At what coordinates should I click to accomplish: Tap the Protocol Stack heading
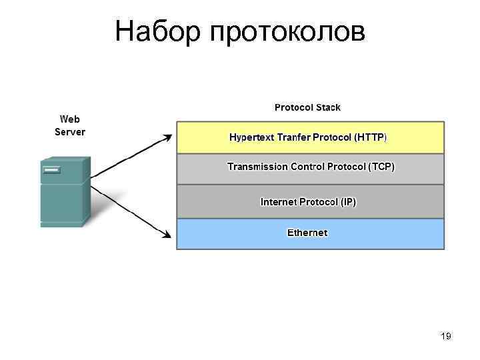(307, 107)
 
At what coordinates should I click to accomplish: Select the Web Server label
(70, 125)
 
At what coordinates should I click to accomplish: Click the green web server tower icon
(64, 193)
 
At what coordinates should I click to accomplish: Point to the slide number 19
(446, 337)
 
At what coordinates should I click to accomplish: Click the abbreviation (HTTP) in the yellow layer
(371, 137)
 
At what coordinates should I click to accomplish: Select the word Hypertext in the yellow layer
(253, 137)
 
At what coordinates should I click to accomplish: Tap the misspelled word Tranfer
(297, 137)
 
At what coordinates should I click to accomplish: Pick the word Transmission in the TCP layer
(257, 167)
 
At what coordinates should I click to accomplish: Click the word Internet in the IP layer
(278, 201)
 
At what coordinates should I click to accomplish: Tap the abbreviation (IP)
(349, 201)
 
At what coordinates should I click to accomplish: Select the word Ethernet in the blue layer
(307, 233)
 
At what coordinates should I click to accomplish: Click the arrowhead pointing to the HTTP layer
(168, 137)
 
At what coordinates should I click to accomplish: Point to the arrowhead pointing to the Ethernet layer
(168, 233)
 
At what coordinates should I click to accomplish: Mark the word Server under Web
(70, 131)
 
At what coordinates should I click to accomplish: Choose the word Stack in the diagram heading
(327, 107)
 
